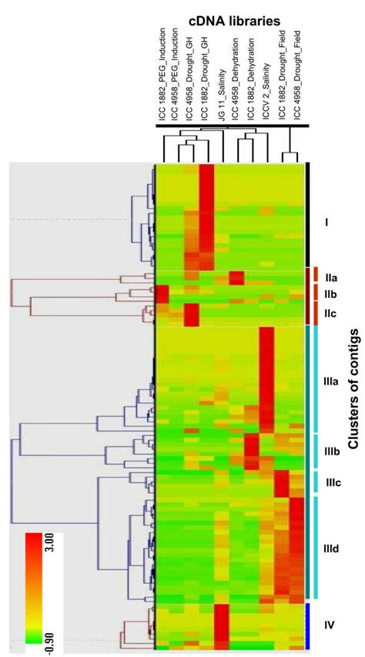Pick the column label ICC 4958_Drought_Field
pos(295,73)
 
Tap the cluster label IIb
pos(331,294)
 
